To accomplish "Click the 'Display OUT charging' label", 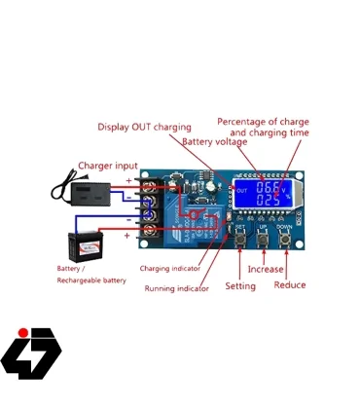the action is coord(145,127).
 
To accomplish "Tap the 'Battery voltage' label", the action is coord(213,142).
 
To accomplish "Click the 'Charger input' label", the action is coord(108,166).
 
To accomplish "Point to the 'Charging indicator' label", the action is coord(170,268).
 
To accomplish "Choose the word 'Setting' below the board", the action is coord(240,286).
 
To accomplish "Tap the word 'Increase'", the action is coord(266,269).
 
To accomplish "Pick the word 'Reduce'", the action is coord(290,285).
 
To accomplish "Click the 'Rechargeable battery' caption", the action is coord(91,281).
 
